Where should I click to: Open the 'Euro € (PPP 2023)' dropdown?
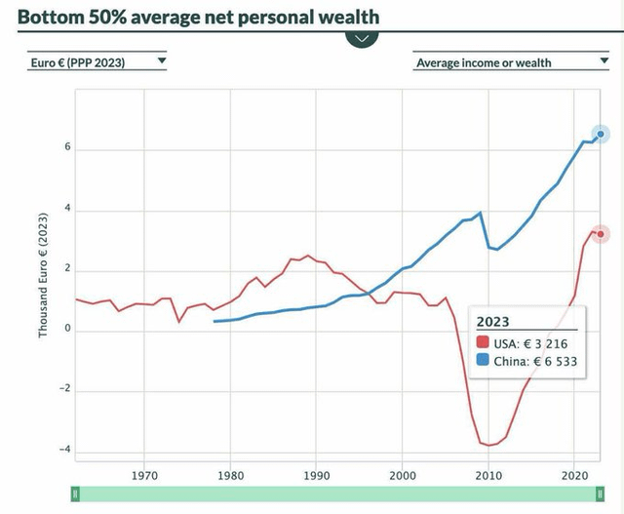point(97,62)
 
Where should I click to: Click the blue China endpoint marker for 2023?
point(601,134)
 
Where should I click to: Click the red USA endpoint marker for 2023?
point(601,234)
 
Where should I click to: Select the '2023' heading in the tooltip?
point(493,323)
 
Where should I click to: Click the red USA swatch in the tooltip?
point(483,343)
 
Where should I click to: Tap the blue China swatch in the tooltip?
point(483,361)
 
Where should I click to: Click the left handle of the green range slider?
point(75,495)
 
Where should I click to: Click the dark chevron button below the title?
point(362,39)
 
